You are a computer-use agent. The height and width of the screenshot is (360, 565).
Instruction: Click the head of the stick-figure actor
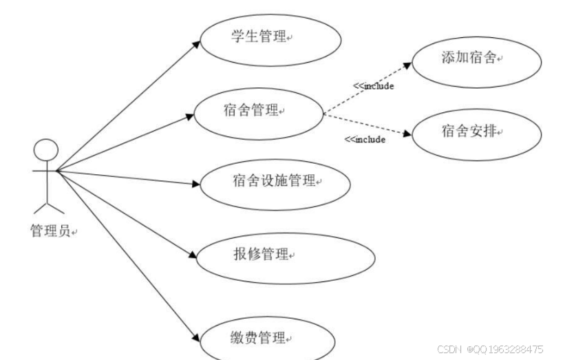(x=45, y=150)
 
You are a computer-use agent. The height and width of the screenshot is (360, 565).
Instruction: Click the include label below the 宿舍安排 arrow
(x=364, y=140)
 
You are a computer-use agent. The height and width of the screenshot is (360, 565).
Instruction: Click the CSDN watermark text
(x=490, y=350)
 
